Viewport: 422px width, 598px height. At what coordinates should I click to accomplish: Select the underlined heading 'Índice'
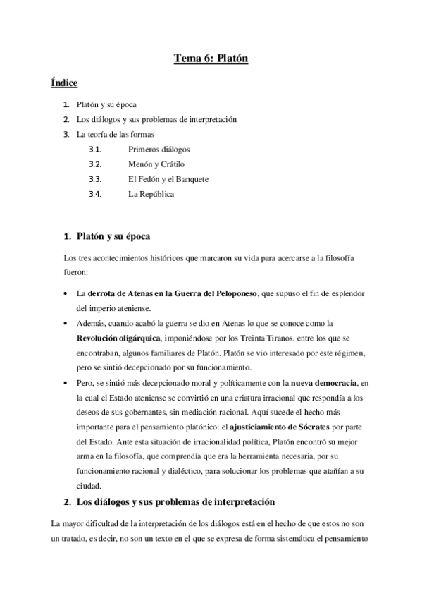tap(63, 83)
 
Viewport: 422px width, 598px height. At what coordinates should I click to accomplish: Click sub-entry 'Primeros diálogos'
tap(159, 149)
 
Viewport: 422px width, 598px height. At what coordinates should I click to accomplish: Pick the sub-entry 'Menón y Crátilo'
tap(156, 164)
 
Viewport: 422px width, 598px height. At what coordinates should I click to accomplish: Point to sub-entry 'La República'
tap(151, 193)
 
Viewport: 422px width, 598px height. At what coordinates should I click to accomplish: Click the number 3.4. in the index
tap(95, 193)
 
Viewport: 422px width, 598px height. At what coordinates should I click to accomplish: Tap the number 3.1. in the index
tap(95, 149)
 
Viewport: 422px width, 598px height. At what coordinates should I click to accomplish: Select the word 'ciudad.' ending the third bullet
tap(89, 485)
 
